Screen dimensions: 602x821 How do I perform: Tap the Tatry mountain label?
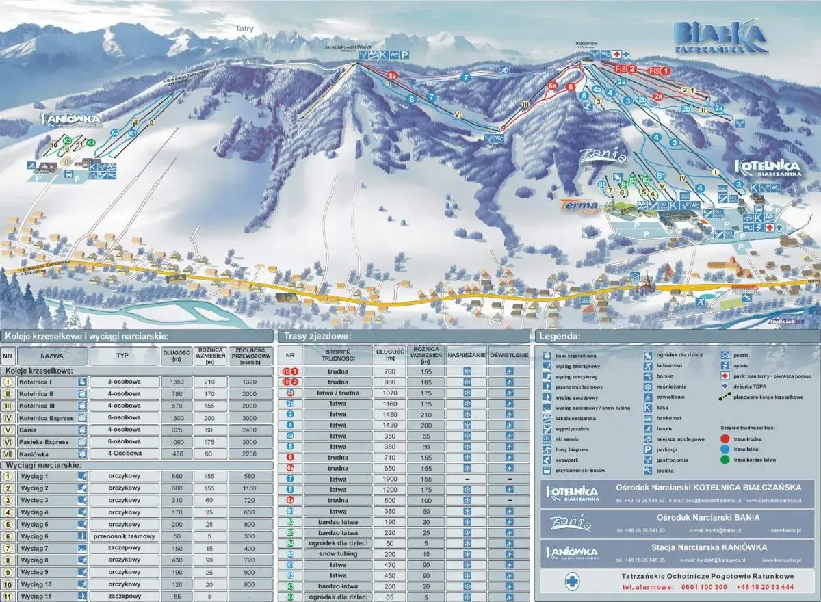[245, 29]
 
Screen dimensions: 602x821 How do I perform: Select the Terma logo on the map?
[579, 204]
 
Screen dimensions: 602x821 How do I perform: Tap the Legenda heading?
[560, 337]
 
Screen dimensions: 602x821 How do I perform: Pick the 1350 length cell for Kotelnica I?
[177, 382]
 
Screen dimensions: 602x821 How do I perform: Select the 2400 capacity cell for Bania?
[249, 430]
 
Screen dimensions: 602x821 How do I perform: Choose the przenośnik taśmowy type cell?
[125, 536]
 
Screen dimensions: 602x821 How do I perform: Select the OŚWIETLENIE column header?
[509, 356]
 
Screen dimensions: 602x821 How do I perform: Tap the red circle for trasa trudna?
[725, 437]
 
